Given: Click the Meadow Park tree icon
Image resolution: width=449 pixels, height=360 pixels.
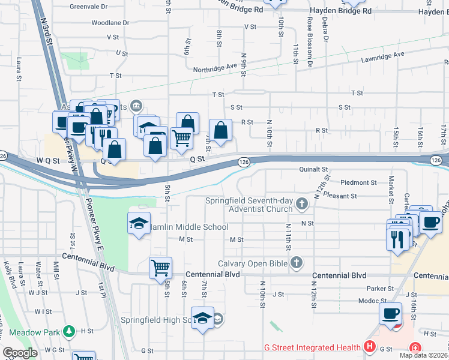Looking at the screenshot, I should [70, 331].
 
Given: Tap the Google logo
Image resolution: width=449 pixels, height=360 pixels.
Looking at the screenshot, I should [20, 353].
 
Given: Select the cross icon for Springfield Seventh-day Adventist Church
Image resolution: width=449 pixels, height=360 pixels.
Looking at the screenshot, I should [302, 205].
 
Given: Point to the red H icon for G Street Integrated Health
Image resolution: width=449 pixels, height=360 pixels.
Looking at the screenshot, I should [370, 347].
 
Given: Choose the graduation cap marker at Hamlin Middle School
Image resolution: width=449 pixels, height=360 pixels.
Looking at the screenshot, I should [139, 224].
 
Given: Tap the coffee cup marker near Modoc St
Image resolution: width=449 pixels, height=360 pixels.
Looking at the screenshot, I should [390, 313].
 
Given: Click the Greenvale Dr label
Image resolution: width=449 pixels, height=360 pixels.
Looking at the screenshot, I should [88, 6].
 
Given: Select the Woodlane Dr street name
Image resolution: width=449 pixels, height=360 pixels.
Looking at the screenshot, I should [110, 22].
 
